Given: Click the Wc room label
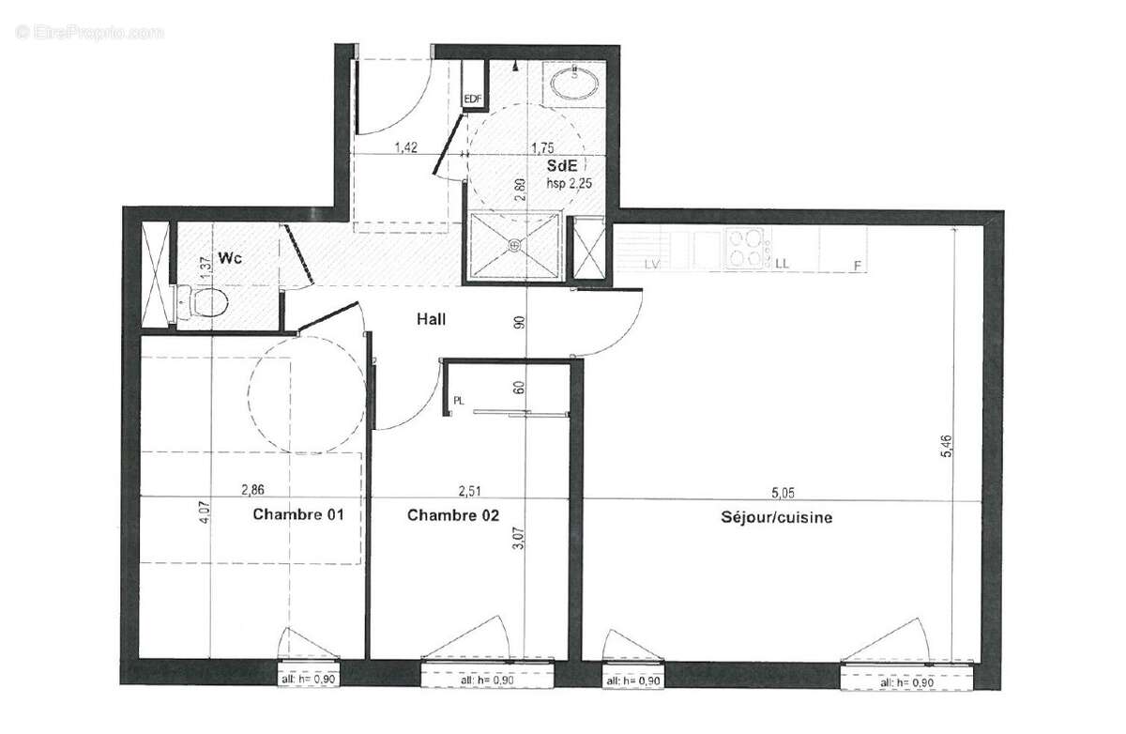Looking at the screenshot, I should (231, 256).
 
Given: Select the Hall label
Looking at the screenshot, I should (431, 319).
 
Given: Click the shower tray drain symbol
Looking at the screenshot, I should (514, 245).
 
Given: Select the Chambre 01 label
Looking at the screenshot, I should (298, 515).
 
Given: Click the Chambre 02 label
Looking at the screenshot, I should (453, 515).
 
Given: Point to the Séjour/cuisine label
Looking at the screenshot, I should (777, 517).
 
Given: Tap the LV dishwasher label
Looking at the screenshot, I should (652, 265).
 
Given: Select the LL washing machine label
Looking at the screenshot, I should (782, 264).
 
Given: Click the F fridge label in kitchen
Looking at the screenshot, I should (857, 266).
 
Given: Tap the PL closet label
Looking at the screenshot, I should (459, 400).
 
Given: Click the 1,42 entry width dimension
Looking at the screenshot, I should (405, 146).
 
